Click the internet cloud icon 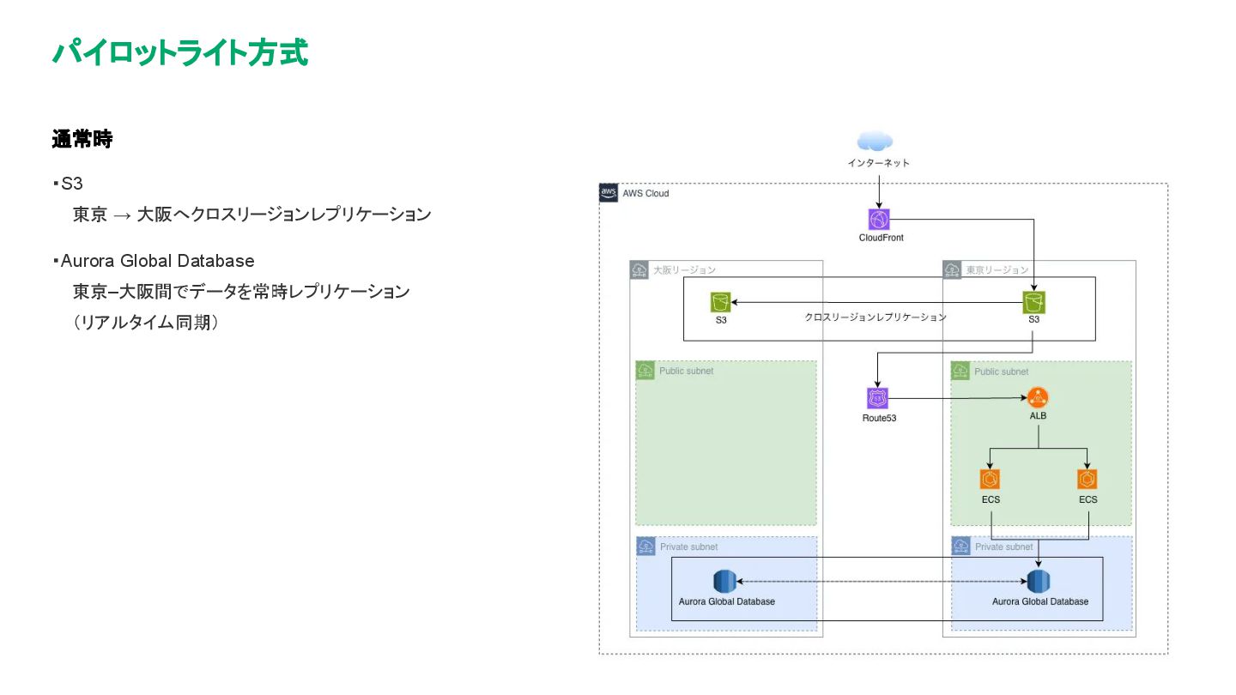click(875, 142)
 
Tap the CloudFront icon click(879, 220)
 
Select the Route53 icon click(877, 398)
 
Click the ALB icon click(1038, 398)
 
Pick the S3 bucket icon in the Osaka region click(721, 302)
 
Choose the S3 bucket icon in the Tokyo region click(1033, 302)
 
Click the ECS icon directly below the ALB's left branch click(990, 480)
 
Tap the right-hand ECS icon click(1087, 480)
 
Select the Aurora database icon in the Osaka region click(724, 582)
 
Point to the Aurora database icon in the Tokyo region click(1039, 582)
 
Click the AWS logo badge click(609, 193)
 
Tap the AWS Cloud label click(645, 194)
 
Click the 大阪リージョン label click(684, 270)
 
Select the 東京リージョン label click(997, 270)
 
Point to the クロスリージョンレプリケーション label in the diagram click(875, 317)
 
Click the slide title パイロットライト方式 click(180, 53)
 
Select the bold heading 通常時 click(82, 139)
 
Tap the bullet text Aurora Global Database click(157, 261)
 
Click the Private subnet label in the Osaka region click(688, 547)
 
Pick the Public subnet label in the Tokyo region click(1001, 372)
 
